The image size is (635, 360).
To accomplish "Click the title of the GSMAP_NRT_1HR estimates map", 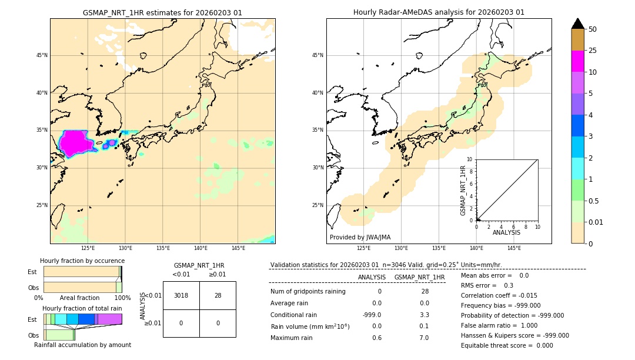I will click(x=162, y=12).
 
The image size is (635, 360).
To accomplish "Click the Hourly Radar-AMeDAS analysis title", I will click(x=439, y=12).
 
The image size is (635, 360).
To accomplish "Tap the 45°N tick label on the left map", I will click(x=42, y=55).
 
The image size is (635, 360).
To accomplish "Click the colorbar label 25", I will click(x=593, y=51).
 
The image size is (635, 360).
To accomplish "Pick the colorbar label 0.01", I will click(x=596, y=222).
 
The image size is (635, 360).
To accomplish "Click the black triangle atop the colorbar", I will click(x=578, y=24).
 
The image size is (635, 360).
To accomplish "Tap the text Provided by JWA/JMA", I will click(x=360, y=237).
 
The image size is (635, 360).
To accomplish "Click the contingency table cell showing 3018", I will click(x=181, y=295).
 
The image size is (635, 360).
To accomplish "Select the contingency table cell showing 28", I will click(x=218, y=295).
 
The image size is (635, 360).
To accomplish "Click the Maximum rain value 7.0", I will click(x=424, y=338).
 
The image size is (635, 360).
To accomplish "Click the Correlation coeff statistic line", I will click(x=499, y=295).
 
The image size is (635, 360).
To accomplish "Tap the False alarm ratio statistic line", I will click(x=499, y=325).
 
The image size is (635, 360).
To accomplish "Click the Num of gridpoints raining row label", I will click(x=308, y=291).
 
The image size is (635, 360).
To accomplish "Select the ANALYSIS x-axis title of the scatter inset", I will click(x=506, y=233).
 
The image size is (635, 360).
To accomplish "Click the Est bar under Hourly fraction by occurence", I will click(x=82, y=272).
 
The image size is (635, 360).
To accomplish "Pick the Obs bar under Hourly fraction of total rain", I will click(x=59, y=334).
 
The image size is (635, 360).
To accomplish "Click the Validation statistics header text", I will click(x=386, y=265).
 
